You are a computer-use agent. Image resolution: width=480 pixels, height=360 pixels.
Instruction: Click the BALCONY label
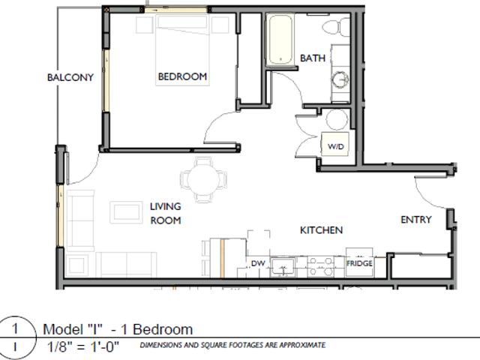(x=70, y=77)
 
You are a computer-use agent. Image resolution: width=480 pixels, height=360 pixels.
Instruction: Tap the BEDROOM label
(x=181, y=76)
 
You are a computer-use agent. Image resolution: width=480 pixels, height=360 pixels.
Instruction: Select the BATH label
(x=313, y=58)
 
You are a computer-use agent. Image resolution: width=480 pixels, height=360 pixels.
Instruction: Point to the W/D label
(x=334, y=147)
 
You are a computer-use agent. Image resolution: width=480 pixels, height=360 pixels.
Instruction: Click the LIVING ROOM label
(x=165, y=213)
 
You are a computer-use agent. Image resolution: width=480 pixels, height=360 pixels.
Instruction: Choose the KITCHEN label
(x=322, y=230)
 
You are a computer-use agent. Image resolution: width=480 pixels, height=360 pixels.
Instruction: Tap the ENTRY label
(x=416, y=220)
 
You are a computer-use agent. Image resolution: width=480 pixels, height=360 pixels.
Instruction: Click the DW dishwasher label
(x=257, y=263)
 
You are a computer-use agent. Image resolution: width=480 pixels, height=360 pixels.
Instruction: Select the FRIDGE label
(x=358, y=264)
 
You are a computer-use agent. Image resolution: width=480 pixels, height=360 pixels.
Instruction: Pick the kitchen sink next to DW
(x=283, y=265)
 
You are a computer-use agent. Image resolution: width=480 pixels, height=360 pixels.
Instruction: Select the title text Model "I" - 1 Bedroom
(x=118, y=329)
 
